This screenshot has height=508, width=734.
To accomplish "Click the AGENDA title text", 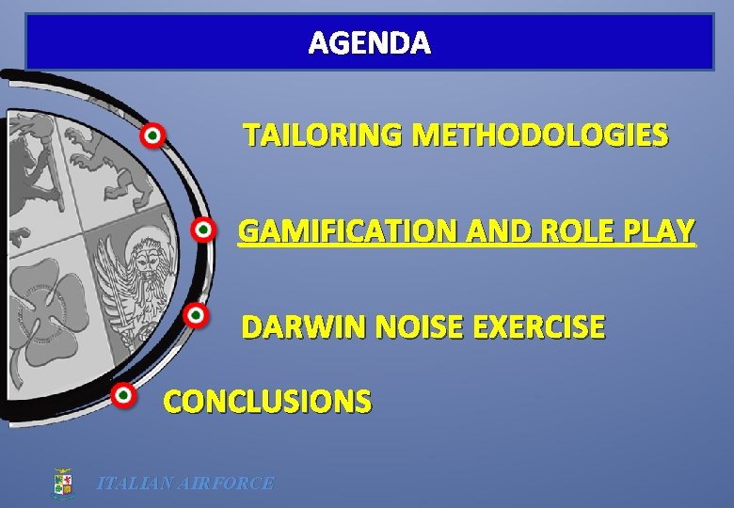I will [370, 43].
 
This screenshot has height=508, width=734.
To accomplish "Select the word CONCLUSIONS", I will [267, 402].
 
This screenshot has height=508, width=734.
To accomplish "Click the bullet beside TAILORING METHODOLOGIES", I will [152, 136].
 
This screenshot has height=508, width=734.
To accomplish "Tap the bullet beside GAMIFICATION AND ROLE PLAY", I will [202, 230].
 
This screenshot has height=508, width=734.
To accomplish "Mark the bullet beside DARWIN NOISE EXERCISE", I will [195, 315].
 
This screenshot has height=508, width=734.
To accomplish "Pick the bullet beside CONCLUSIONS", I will [123, 395].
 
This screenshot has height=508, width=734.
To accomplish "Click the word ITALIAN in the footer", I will [133, 484].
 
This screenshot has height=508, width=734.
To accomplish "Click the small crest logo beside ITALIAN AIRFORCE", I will [62, 484].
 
